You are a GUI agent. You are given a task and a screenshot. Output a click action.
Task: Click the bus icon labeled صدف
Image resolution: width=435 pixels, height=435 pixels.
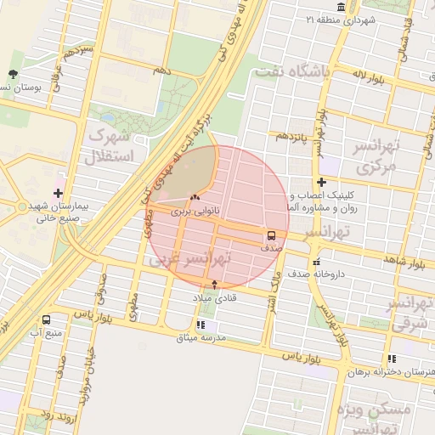point(272,235)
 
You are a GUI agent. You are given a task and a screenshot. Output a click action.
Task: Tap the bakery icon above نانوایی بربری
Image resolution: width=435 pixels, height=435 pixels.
point(196,198)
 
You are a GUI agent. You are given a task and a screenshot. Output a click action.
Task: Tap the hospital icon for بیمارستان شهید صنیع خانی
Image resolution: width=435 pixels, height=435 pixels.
point(59,194)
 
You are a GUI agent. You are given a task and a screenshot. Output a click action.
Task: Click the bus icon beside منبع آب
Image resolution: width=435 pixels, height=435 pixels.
point(45,320)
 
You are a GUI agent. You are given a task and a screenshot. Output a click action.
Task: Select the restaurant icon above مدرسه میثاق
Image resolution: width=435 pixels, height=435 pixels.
point(200,325)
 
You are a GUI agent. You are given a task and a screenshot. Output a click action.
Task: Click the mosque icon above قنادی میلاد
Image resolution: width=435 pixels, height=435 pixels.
point(214,285)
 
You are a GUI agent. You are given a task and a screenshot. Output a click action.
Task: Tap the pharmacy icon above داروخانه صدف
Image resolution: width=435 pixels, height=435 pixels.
point(316,263)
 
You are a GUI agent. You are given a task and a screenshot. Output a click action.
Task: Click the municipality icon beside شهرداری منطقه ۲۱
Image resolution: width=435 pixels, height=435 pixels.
point(341,8)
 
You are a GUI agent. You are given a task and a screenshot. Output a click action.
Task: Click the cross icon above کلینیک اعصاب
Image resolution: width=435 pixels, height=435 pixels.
point(321,183)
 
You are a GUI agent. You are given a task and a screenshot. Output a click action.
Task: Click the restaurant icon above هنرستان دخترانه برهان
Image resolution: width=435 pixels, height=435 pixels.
point(391,359)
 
